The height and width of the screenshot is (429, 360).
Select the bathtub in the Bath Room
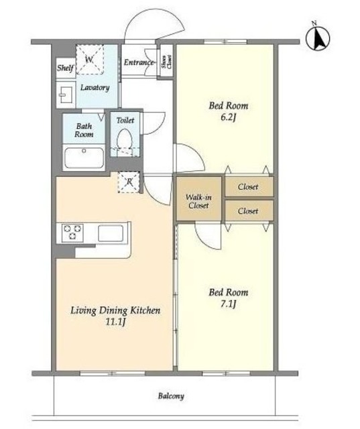tap(84, 158)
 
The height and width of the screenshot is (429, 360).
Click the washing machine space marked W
tap(90, 60)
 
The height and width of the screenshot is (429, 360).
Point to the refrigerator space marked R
tap(129, 182)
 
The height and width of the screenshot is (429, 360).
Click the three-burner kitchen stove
tap(72, 233)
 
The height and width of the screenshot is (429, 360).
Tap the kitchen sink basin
tap(110, 233)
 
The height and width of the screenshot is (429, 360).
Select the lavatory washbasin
tap(66, 95)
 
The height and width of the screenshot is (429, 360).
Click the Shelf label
tap(66, 68)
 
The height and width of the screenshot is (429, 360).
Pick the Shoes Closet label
tap(166, 62)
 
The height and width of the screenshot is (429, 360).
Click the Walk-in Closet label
tap(198, 201)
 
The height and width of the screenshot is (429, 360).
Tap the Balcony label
tap(171, 396)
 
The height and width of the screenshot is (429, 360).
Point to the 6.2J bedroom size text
tap(228, 118)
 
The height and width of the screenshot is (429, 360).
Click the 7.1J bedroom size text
tap(228, 304)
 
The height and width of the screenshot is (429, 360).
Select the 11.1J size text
tap(115, 322)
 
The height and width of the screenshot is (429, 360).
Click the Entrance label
tap(139, 62)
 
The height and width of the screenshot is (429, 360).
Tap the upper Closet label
tap(248, 187)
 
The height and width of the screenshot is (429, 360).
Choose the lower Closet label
tap(248, 211)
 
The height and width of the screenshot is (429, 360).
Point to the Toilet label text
tap(125, 121)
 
